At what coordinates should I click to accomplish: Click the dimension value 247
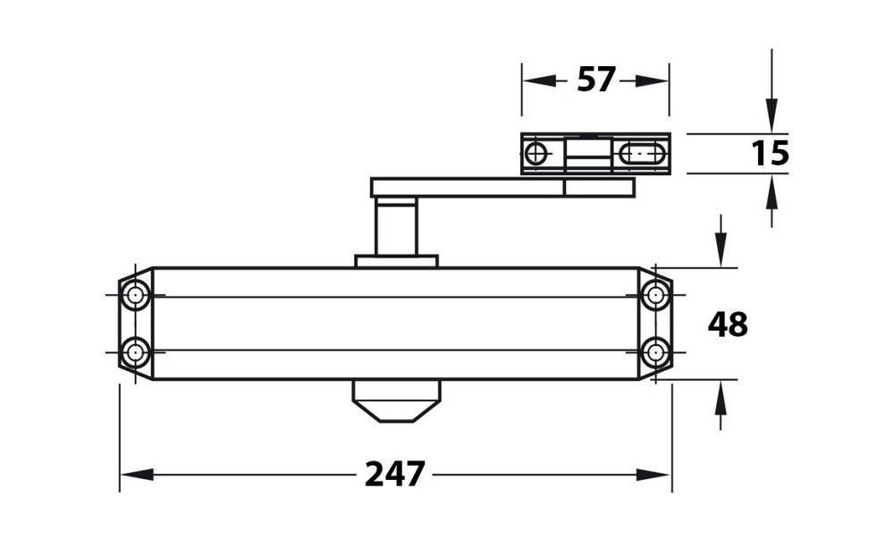pos(395,474)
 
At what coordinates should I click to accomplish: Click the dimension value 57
pos(596,80)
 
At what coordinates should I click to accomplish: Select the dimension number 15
pos(770,154)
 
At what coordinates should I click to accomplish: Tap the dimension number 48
pos(728,324)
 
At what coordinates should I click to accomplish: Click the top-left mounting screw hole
pos(135,295)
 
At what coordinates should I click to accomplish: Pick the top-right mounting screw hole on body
pos(655,295)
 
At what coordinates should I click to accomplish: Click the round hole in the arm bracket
pos(536,153)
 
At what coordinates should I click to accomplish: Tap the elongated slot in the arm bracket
pos(642,153)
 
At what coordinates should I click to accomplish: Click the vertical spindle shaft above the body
pos(396,228)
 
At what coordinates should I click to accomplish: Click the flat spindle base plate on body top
pos(396,261)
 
